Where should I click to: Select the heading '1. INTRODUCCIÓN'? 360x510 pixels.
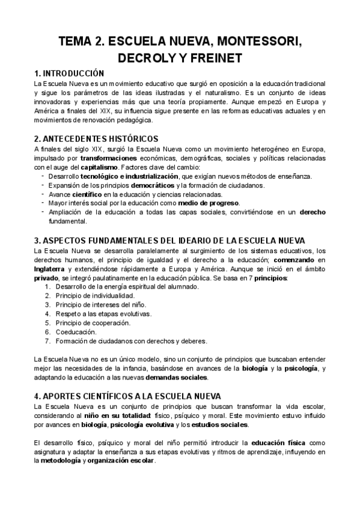(x=70, y=73)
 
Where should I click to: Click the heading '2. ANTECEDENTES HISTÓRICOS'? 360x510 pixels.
(x=97, y=138)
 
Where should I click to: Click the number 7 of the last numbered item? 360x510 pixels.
(x=47, y=340)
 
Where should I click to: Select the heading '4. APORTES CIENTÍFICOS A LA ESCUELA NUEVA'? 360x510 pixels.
(x=127, y=396)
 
